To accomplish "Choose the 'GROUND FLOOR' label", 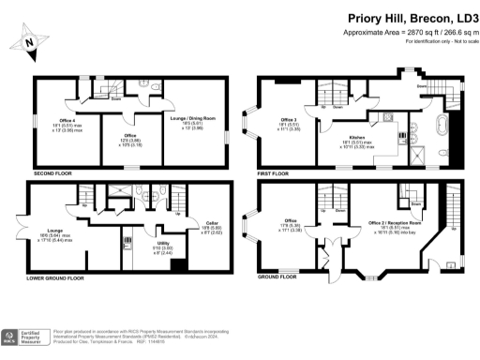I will [277, 278].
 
